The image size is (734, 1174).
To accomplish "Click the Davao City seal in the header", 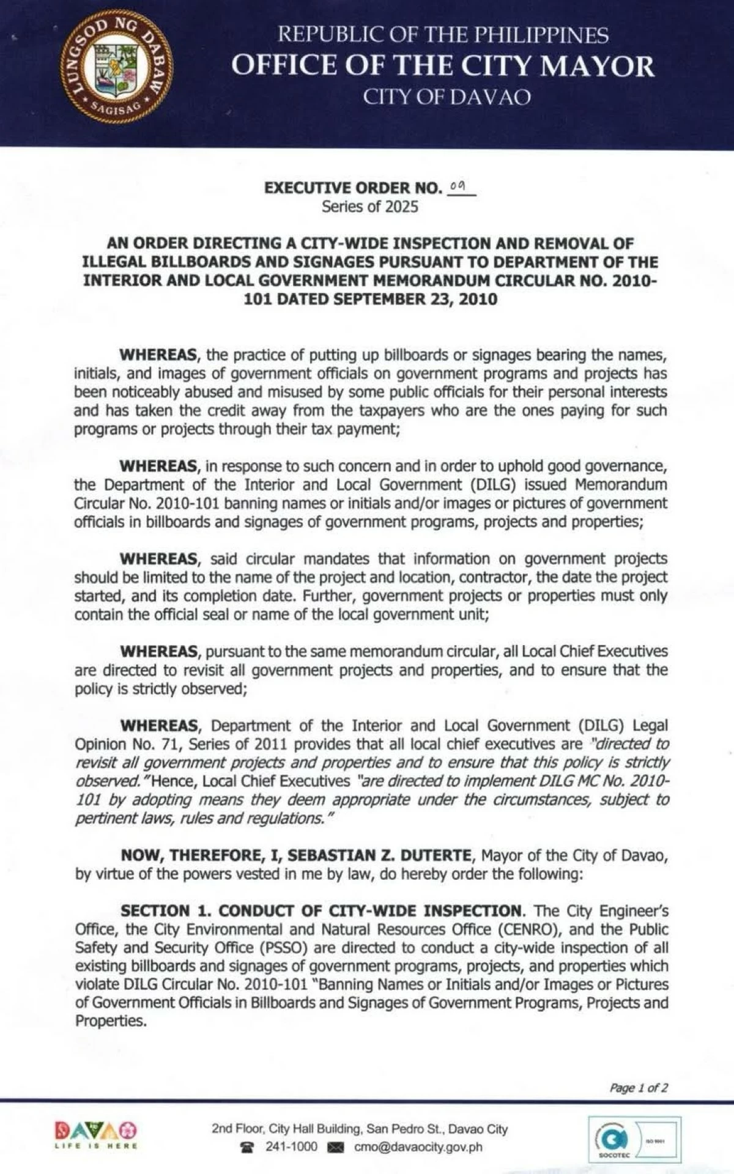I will [x=116, y=67].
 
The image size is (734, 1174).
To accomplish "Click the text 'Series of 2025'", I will [x=370, y=207].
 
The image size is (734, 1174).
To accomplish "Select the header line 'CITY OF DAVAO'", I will [x=447, y=97].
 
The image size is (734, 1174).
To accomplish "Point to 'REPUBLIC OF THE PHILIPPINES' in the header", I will [x=443, y=35].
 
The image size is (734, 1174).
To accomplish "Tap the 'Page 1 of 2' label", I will [x=639, y=1088].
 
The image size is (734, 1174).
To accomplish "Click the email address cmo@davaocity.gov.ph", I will [x=418, y=1147].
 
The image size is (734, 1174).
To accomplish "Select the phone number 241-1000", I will [x=291, y=1146].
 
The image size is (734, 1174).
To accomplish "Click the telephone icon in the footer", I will [x=247, y=1147].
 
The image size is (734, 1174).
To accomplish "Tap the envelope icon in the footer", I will [x=336, y=1148].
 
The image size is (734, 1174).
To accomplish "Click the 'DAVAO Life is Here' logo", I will [x=95, y=1135].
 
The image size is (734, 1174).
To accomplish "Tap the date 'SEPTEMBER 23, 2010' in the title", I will [x=415, y=300].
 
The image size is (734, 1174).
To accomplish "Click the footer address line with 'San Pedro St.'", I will [x=360, y=1129].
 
